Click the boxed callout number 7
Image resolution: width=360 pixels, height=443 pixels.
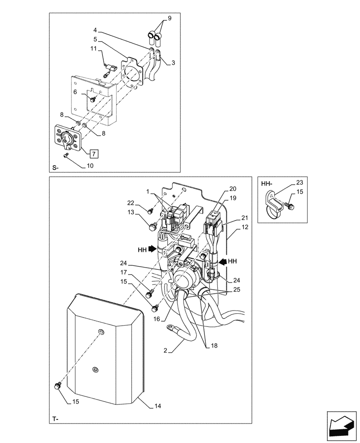point(94,154)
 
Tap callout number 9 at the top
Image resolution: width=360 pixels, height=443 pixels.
point(169,19)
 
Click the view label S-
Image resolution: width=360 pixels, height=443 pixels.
point(55,168)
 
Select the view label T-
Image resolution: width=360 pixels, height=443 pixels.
point(55,419)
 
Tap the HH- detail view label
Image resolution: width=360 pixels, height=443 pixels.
point(266,183)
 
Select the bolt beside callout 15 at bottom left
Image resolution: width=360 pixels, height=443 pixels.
point(57,386)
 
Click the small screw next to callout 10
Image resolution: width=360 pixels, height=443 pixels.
point(66,155)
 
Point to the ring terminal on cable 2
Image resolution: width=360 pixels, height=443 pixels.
point(170,328)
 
